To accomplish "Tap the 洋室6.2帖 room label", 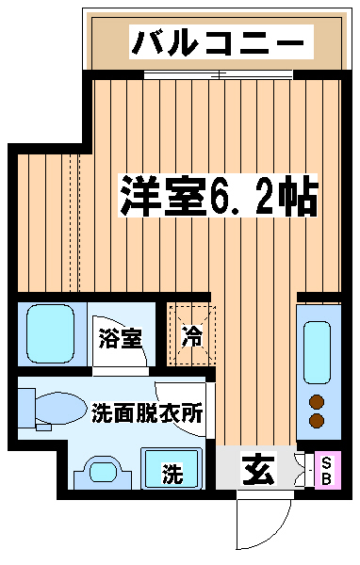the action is tap(219, 195).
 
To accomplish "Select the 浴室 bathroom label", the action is tap(120, 338).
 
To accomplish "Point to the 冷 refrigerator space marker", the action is tap(192, 336).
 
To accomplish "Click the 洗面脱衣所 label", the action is tap(147, 413).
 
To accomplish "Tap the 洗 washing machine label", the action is tap(172, 473).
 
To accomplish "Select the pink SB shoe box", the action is tap(328, 470).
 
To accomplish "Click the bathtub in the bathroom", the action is tap(51, 333).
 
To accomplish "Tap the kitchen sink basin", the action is tap(317, 352).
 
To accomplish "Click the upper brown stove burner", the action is tap(317, 402).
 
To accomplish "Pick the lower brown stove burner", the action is tap(317, 421).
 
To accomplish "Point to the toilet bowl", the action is tap(60, 409).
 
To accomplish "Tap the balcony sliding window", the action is tap(219, 74).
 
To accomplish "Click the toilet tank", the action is tap(26, 408).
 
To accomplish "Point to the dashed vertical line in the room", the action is tap(74, 222).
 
